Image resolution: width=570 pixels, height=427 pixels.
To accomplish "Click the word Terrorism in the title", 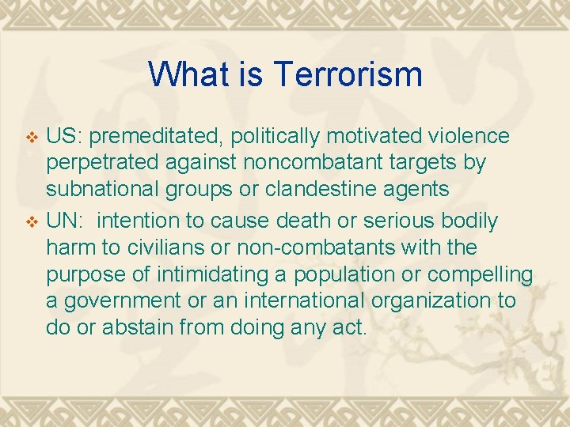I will pos(348,74).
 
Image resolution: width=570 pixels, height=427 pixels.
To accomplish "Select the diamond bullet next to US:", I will pos(32,137).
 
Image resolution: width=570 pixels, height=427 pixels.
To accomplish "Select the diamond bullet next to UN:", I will pos(32,221).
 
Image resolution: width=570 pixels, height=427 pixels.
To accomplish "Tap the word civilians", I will pos(147,248).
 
